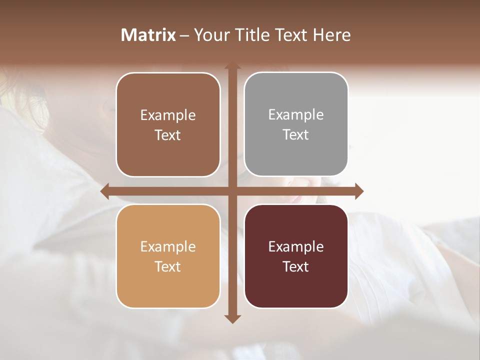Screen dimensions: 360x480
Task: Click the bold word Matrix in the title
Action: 148,35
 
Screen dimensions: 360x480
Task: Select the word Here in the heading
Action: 331,35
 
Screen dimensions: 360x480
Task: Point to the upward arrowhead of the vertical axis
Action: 232,67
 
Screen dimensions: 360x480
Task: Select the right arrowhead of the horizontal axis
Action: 358,191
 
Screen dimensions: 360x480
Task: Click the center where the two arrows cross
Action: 232,191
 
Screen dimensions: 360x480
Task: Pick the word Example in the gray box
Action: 296,115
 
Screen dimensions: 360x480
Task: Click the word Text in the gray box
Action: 296,135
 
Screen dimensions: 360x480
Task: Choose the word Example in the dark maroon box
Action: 296,246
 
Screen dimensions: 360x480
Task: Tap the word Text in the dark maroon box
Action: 296,266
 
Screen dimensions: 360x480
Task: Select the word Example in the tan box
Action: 168,246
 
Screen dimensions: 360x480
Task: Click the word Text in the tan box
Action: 168,266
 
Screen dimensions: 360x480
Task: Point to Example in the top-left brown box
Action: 168,115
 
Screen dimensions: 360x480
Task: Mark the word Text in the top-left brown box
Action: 168,135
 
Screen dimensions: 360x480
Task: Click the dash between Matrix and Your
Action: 184,35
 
